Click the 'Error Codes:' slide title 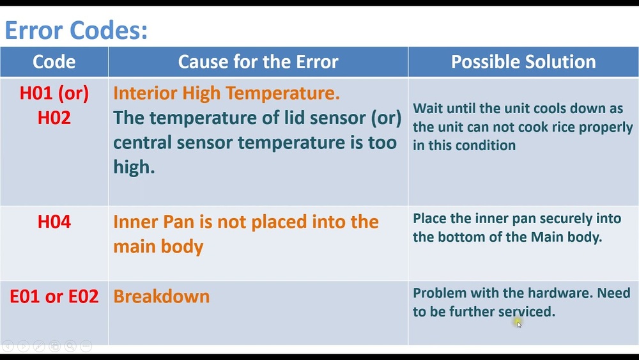click(76, 30)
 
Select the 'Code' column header click(54, 61)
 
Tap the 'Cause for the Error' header click(258, 61)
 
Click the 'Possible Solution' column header click(523, 61)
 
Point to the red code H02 click(54, 118)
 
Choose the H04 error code click(54, 222)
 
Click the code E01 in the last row click(24, 297)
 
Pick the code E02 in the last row click(84, 297)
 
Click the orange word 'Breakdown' click(162, 297)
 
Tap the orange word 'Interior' click(145, 93)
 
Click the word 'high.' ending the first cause click(134, 167)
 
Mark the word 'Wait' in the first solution click(427, 109)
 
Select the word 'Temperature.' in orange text click(282, 93)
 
